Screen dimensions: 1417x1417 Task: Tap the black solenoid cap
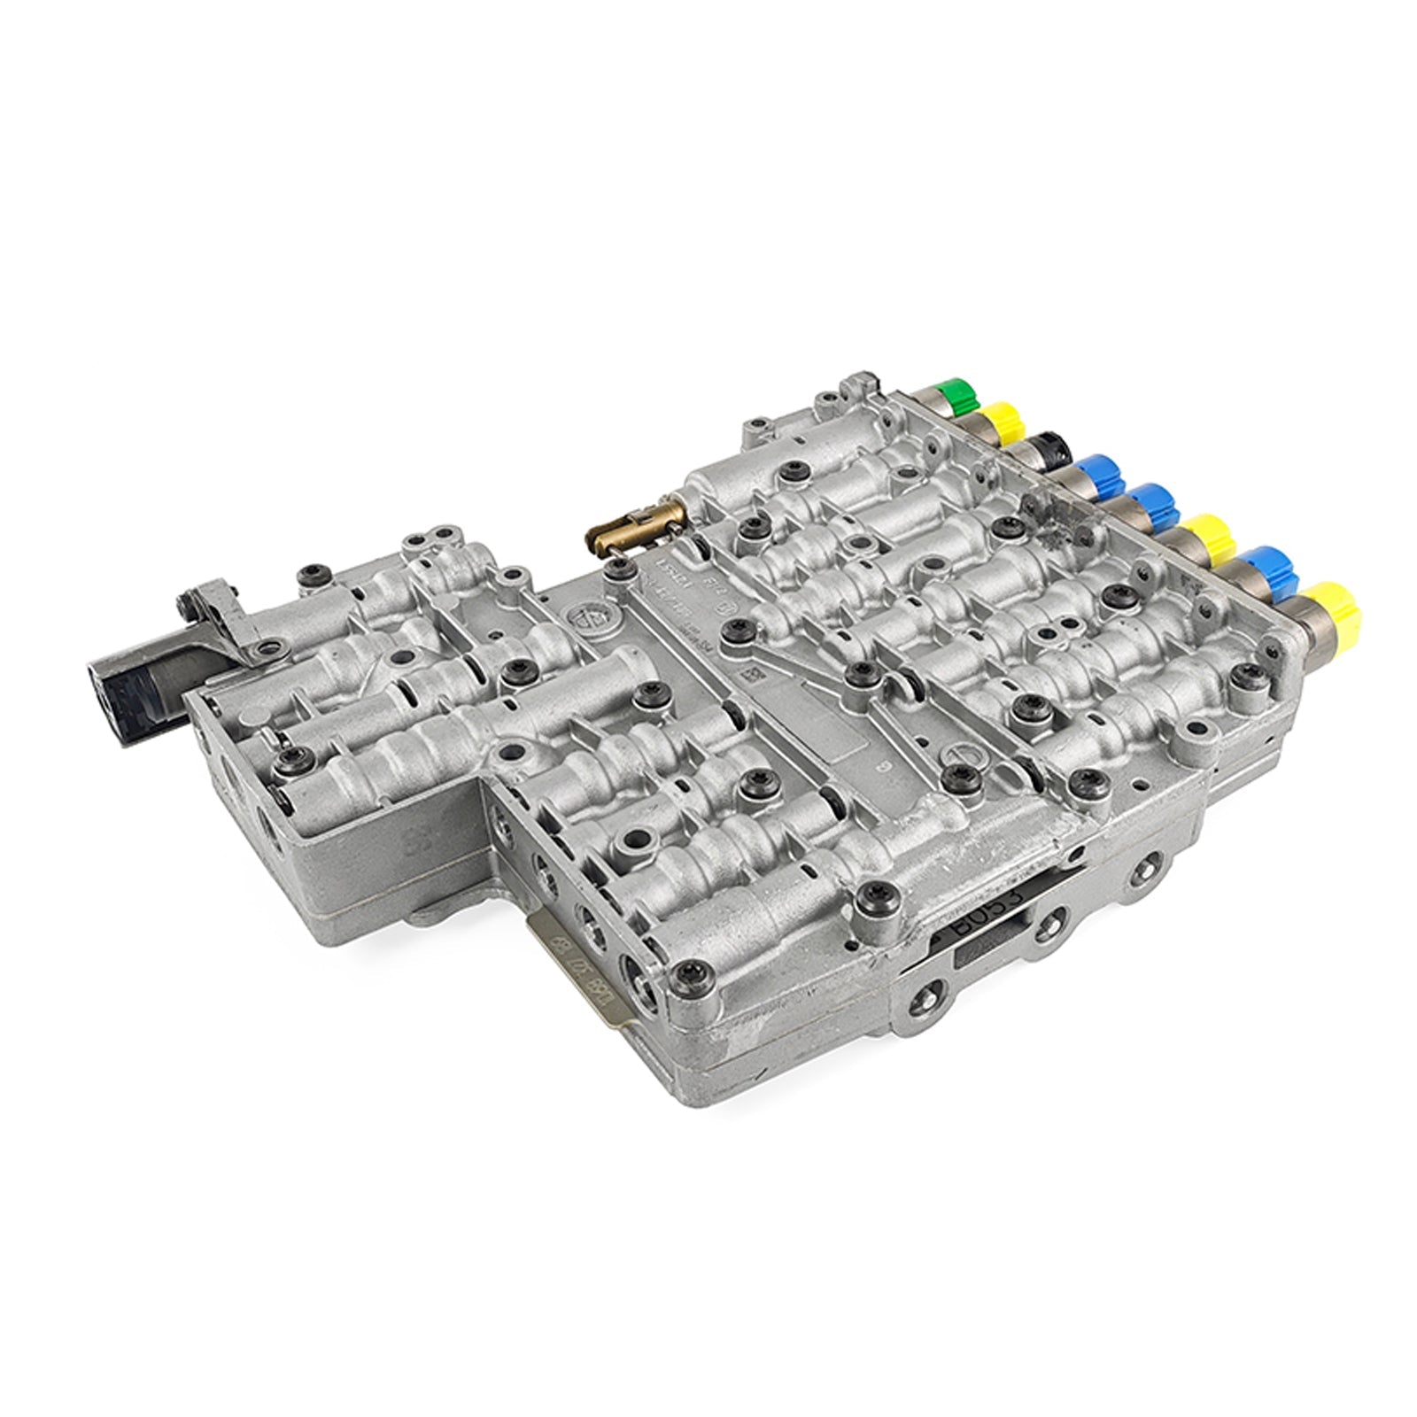point(1053,445)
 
